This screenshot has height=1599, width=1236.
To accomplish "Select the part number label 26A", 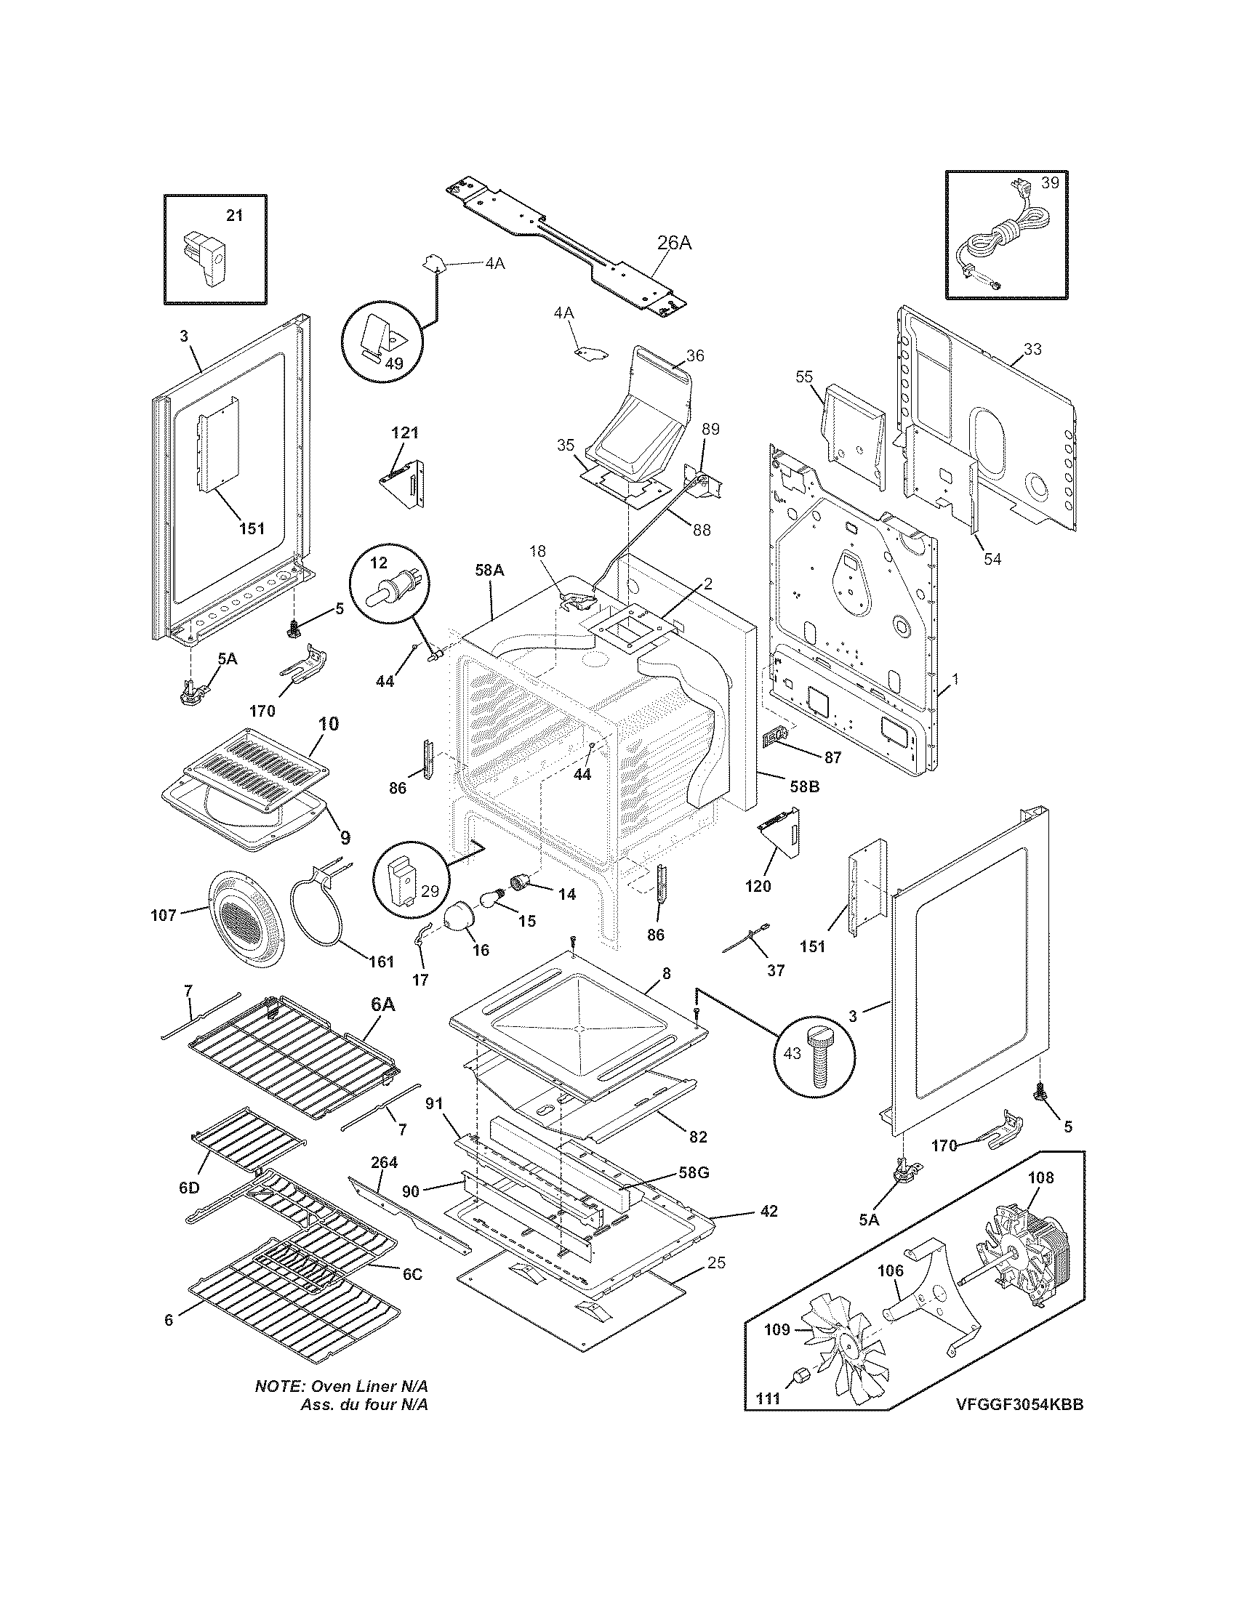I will (x=674, y=243).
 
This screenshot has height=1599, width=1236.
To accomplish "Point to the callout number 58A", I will (x=489, y=570).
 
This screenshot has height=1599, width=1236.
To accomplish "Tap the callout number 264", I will (x=384, y=1162).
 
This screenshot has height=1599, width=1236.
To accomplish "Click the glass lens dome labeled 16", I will (x=460, y=918).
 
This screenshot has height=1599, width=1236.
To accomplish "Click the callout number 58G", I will (x=694, y=1172).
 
